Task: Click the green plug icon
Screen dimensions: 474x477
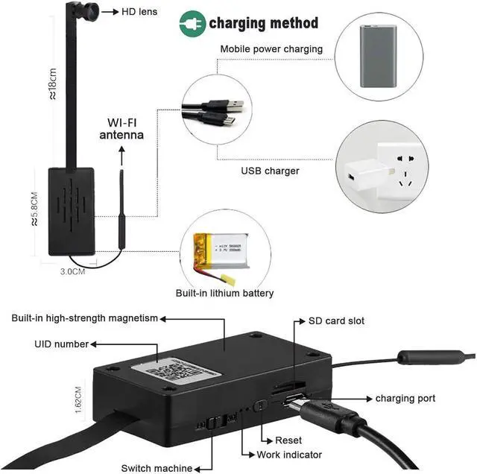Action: pos(192,24)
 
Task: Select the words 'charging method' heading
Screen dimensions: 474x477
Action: pos(263,23)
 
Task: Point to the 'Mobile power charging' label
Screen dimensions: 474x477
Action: pos(271,49)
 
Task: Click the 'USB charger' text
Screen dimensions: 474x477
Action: pos(270,171)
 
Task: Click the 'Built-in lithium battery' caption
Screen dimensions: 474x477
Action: pos(224,294)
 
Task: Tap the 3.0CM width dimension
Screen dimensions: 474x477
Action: pos(72,272)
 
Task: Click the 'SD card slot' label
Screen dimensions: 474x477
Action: pos(336,321)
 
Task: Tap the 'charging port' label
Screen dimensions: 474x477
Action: pos(405,399)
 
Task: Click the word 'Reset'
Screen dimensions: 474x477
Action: pos(288,440)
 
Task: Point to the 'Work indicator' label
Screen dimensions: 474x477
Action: pos(289,455)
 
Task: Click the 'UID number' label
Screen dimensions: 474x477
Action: pos(61,344)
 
